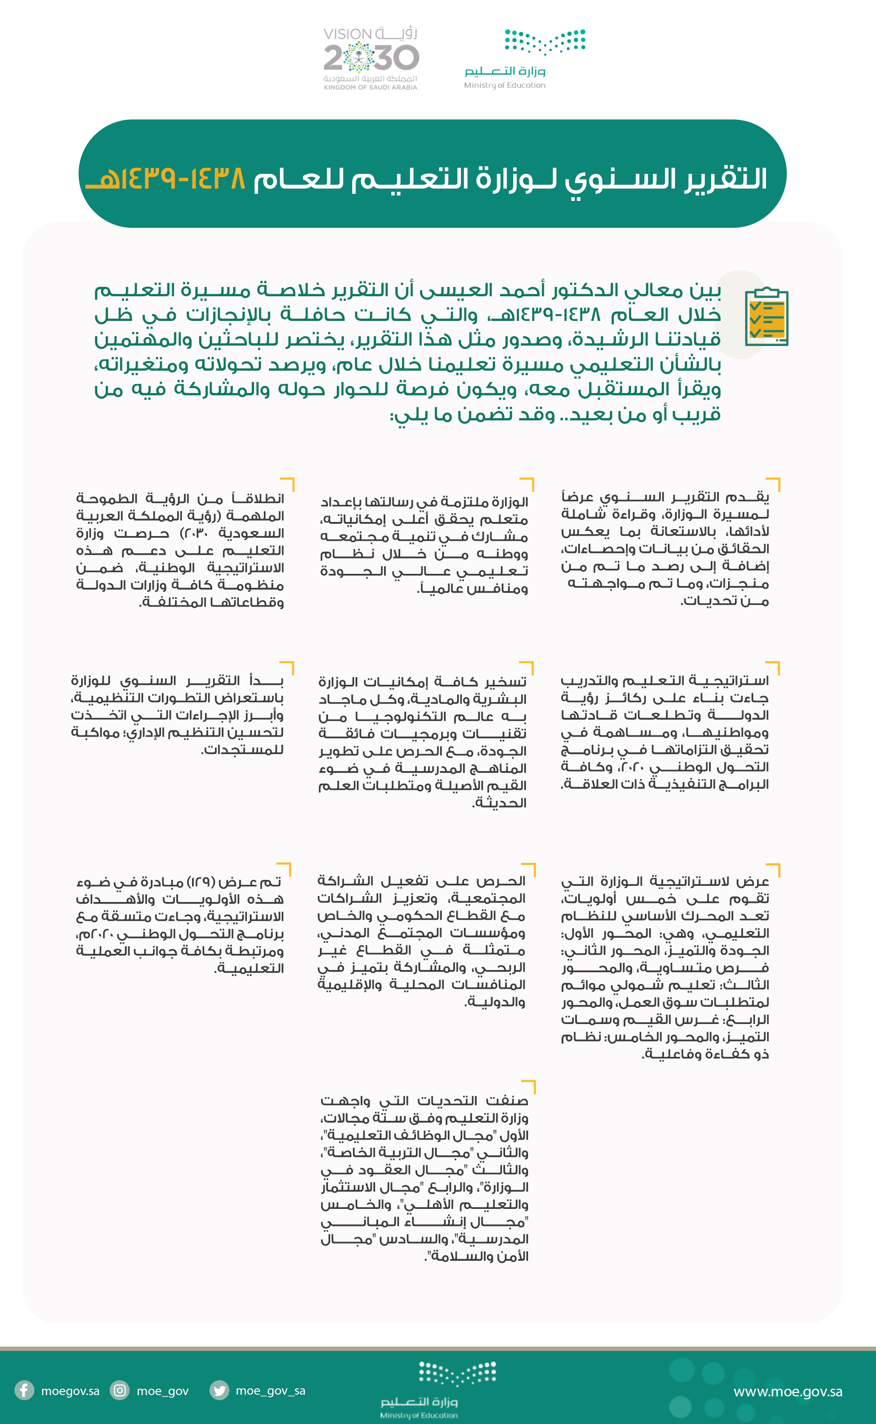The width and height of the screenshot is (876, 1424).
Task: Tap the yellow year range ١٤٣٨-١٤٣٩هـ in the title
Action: [166, 179]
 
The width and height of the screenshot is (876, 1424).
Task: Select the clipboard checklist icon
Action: [766, 316]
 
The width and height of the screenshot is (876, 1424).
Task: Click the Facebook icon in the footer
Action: [24, 1390]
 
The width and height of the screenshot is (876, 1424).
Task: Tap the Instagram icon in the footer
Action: [120, 1390]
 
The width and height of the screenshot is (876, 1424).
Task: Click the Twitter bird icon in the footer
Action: [219, 1390]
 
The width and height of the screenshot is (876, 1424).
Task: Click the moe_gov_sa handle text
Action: [271, 1390]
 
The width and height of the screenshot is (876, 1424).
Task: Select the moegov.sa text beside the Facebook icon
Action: [70, 1390]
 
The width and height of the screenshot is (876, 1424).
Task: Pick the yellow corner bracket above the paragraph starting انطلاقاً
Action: [288, 483]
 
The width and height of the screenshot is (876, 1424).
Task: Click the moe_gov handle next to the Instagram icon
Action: [162, 1390]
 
